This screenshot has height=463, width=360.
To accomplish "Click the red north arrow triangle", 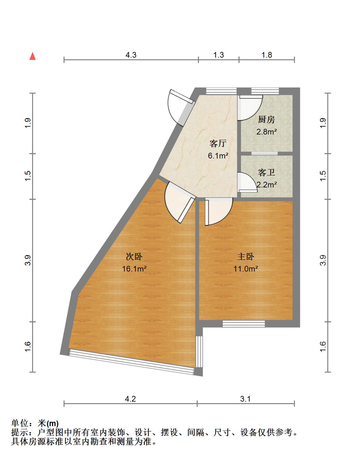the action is click(33, 56).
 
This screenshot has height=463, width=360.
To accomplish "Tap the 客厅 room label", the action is click(218, 143).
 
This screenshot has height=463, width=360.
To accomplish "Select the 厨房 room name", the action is click(266, 119).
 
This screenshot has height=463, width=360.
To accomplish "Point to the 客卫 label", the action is click(266, 172).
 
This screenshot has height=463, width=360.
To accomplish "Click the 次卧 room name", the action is click(134, 256).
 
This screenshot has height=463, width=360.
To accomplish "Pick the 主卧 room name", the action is click(246, 256).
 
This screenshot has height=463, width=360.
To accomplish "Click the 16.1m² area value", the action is click(134, 269).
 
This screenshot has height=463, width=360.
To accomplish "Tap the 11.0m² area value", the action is click(246, 269).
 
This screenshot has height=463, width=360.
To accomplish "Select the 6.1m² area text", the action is click(218, 156).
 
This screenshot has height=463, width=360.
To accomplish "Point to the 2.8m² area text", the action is click(267, 132).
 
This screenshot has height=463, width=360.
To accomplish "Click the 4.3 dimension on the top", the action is click(131, 55).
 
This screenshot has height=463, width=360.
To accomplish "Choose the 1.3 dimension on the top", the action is click(219, 55).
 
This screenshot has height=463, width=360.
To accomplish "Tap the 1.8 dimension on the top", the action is click(267, 55).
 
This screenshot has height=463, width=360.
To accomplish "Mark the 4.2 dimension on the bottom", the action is click(130, 399).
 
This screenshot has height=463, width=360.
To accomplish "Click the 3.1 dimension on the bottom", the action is click(245, 399).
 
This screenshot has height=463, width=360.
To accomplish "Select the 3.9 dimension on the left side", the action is click(28, 260).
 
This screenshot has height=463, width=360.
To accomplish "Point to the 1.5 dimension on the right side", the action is click(323, 176).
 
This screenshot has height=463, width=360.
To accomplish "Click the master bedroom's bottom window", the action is click(244, 324).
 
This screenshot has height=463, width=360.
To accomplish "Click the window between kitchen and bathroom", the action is click(264, 153).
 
